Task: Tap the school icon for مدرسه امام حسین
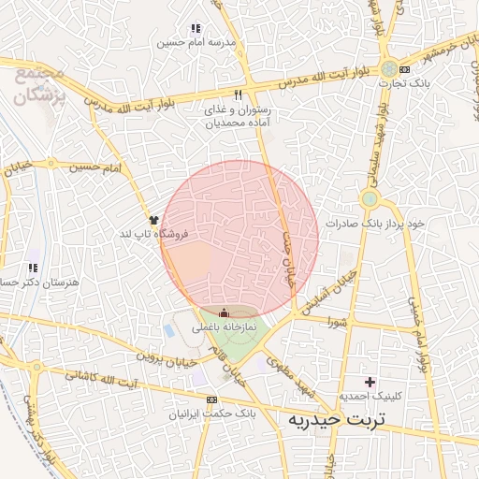coord(195,29)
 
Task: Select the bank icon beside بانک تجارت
coord(404,69)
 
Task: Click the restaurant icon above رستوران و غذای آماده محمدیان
coord(238,94)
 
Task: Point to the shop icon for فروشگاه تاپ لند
coord(153,219)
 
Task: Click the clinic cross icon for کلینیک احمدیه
coord(370,382)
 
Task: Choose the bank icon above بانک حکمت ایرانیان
coord(224,399)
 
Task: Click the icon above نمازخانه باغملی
coord(224,313)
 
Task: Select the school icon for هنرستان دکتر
coord(33,269)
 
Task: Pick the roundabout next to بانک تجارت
coord(388,69)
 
